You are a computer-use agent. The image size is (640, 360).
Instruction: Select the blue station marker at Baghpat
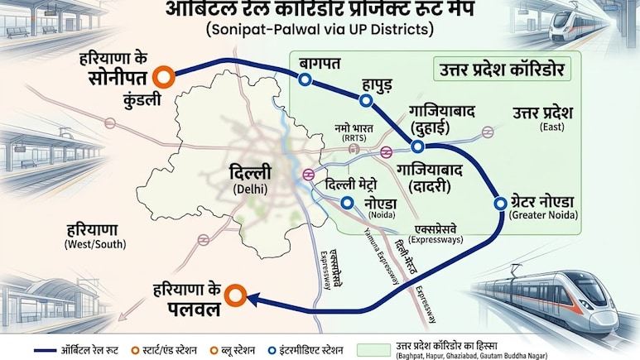coord(305,79)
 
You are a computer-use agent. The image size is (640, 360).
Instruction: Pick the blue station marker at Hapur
coord(365,100)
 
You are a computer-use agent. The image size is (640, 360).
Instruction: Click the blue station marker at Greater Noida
coord(500,203)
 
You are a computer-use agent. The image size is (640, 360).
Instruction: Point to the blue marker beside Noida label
coord(347,203)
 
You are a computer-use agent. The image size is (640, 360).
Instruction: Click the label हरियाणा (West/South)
coord(91,236)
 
